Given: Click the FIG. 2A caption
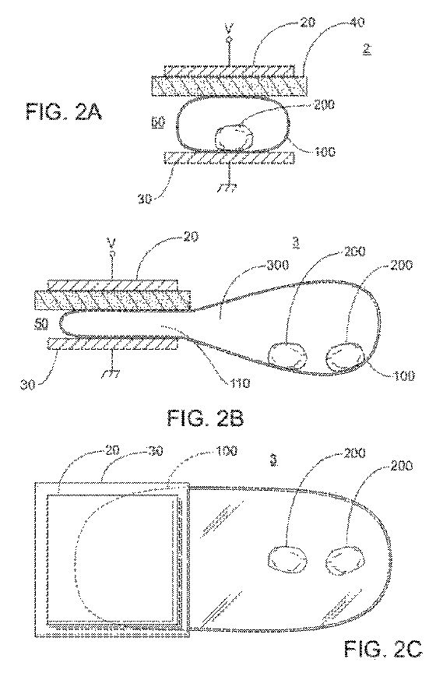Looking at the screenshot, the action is click(x=64, y=112).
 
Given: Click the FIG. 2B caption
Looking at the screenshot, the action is click(x=206, y=418).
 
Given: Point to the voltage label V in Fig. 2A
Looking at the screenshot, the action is click(x=229, y=29).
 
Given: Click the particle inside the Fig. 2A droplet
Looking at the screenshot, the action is click(x=234, y=137).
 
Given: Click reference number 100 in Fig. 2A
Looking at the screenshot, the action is click(x=325, y=152).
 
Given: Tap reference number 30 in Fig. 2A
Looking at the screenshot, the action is click(x=145, y=199).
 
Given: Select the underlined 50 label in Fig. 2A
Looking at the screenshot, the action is click(x=157, y=123).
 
